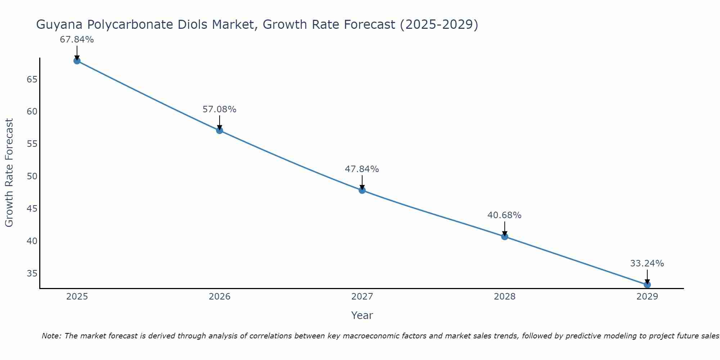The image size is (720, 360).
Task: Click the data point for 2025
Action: point(77,61)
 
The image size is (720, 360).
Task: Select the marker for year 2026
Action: point(220,130)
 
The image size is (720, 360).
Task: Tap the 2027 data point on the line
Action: point(362,190)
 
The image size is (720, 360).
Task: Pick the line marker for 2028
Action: point(505,237)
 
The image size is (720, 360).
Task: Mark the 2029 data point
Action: point(647,285)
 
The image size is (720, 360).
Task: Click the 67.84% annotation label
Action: point(77,40)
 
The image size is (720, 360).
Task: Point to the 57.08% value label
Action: point(219,109)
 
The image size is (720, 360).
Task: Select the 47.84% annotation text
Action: point(362,169)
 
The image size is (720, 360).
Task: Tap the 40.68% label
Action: point(504,215)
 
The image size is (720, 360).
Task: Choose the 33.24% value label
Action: point(647,264)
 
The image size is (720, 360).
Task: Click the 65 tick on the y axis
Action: point(32,79)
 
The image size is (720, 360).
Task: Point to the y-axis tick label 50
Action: point(32,176)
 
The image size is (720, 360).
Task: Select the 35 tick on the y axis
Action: point(32,274)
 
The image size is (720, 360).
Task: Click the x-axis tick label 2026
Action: point(220,297)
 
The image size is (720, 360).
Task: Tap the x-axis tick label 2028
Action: point(505,297)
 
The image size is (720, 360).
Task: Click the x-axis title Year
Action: point(362,315)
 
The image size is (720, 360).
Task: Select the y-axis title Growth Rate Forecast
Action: point(9,173)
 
